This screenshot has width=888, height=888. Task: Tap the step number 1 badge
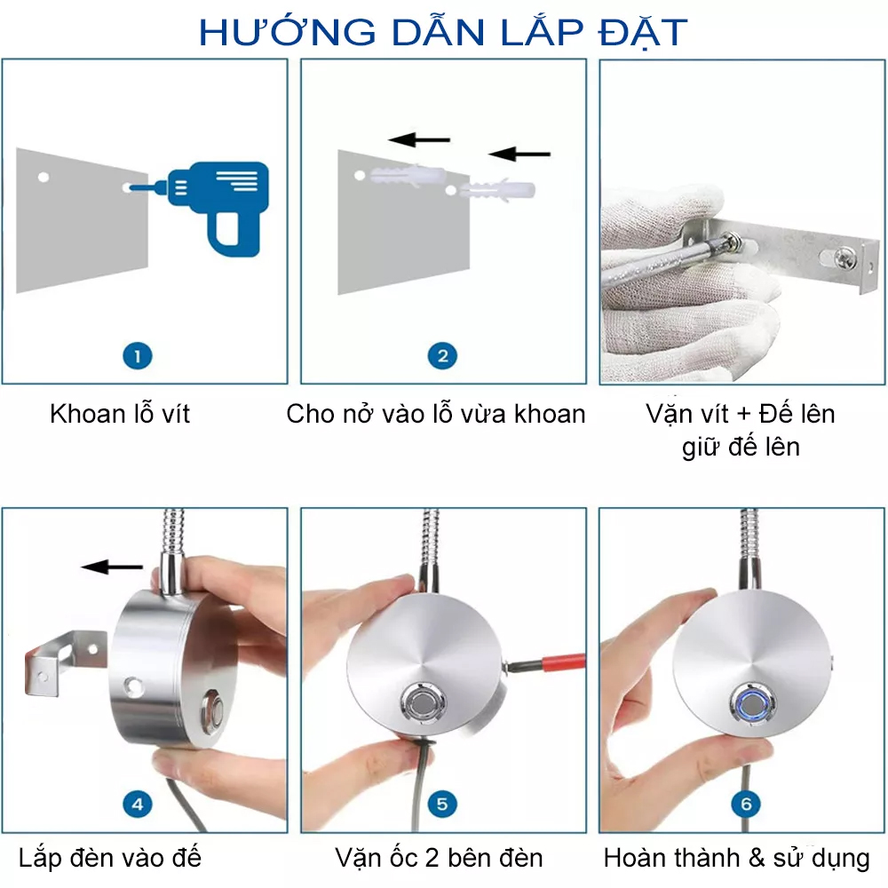point(138,356)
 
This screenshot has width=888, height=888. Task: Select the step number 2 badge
point(442,356)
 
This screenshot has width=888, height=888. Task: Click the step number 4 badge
point(138,805)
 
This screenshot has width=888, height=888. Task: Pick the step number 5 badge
point(442,805)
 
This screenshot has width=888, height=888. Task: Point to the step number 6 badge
point(747,805)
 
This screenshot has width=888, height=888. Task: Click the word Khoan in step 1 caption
point(88,414)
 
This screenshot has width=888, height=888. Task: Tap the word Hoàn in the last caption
point(630,858)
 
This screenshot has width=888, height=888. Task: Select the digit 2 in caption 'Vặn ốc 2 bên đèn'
point(432,859)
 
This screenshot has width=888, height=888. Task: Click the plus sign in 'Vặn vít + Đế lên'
point(744,415)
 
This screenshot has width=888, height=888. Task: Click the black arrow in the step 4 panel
point(112,567)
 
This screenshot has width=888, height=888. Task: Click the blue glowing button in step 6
point(751,704)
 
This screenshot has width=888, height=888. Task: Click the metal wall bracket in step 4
point(64,661)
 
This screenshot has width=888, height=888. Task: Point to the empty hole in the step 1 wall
point(43,178)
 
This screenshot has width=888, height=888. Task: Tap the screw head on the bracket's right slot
point(844,259)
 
